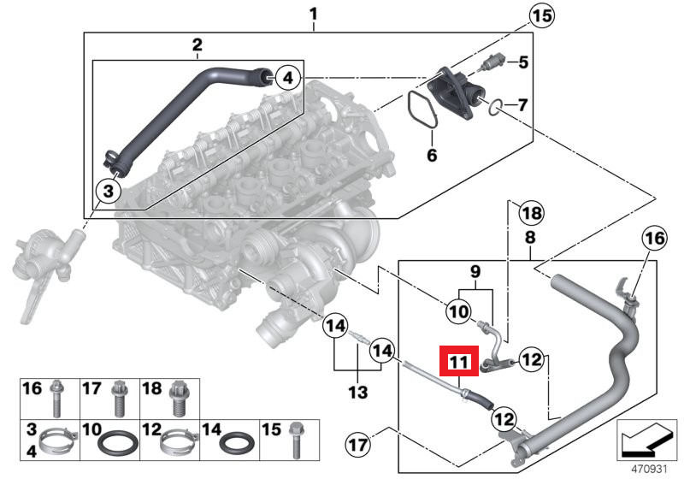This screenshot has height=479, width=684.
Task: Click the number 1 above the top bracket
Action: click(x=313, y=14)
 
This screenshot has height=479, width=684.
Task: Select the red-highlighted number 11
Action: click(x=459, y=363)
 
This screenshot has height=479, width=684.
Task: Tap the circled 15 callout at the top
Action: click(x=541, y=15)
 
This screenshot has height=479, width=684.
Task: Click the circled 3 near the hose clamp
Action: click(x=108, y=190)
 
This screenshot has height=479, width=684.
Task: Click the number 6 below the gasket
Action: click(x=432, y=156)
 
